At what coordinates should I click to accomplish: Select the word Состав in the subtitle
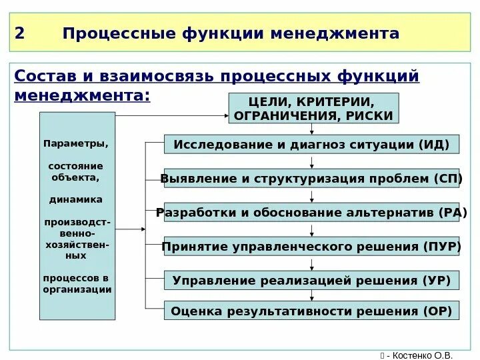click(x=41, y=76)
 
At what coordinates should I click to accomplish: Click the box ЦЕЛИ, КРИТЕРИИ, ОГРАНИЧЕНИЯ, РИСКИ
click(x=313, y=108)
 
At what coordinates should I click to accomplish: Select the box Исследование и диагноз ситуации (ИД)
click(x=311, y=144)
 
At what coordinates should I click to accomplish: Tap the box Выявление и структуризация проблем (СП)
click(x=311, y=178)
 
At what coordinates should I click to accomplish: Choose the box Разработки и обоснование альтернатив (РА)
click(x=311, y=213)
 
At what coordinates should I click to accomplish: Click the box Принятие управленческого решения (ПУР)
click(x=311, y=247)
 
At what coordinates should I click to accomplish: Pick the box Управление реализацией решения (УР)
click(x=311, y=280)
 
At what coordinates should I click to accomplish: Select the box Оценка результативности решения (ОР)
click(x=311, y=311)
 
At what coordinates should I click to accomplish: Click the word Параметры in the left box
click(x=75, y=143)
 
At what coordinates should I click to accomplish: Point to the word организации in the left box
click(x=77, y=289)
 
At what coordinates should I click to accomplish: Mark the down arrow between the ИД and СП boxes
click(x=311, y=161)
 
